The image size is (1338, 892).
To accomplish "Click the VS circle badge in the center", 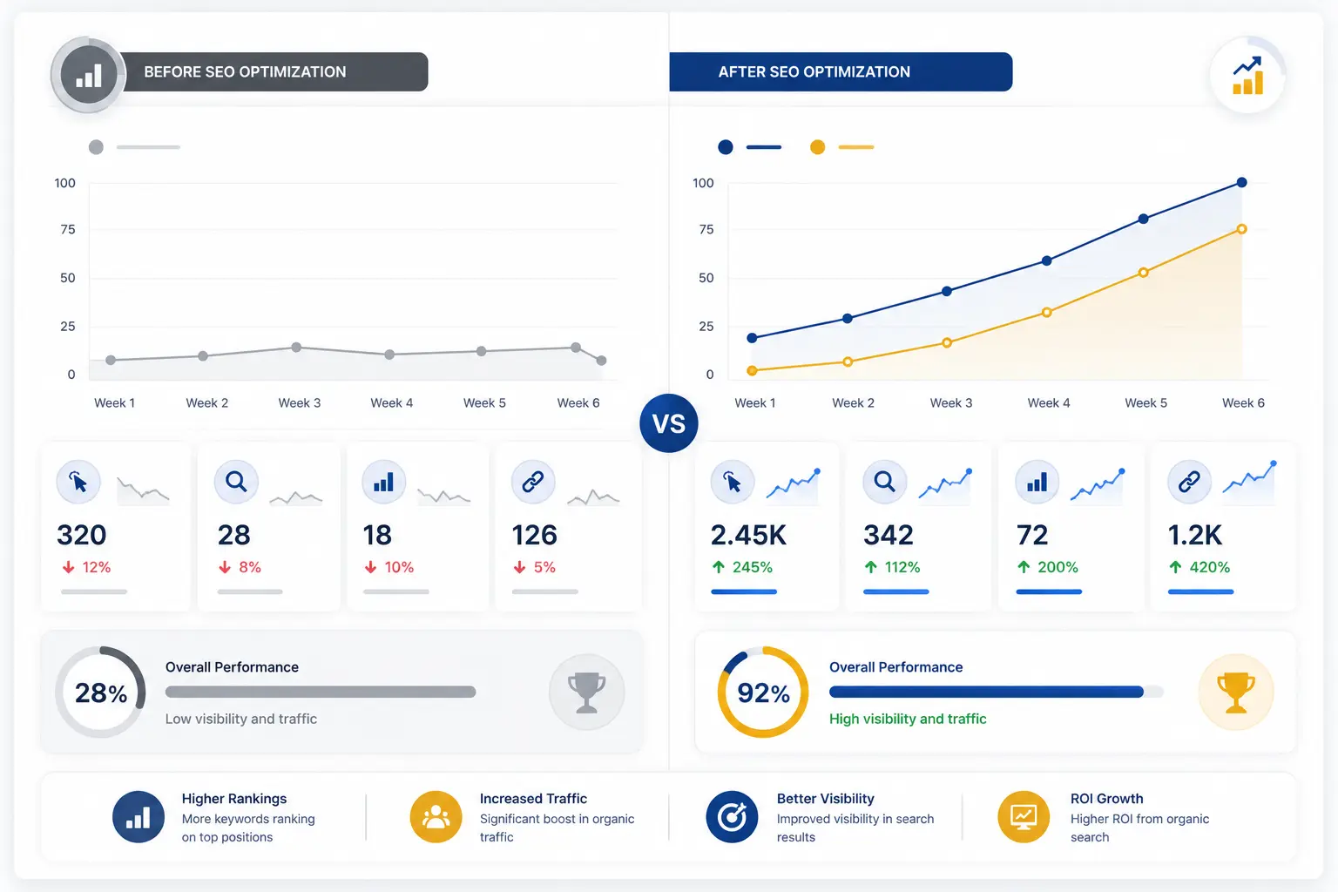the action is pyautogui.click(x=668, y=423).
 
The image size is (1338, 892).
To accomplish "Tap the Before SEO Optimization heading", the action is pyautogui.click(x=245, y=71).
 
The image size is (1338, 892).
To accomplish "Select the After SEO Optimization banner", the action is pyautogui.click(x=841, y=71).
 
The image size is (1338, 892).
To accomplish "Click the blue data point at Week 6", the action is pyautogui.click(x=1241, y=182).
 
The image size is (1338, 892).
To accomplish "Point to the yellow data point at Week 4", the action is pyautogui.click(x=1046, y=312).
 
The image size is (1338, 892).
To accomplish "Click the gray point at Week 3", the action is pyautogui.click(x=296, y=347).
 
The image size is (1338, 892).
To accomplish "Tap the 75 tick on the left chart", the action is pyautogui.click(x=67, y=229).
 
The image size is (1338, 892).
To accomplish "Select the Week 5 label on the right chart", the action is pyautogui.click(x=1145, y=402).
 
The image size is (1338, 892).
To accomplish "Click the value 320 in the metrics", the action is pyautogui.click(x=81, y=535).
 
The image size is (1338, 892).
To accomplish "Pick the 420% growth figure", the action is pyautogui.click(x=1199, y=567).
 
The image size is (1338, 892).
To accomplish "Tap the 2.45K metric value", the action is pyautogui.click(x=748, y=535).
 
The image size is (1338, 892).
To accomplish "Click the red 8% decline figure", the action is pyautogui.click(x=240, y=567).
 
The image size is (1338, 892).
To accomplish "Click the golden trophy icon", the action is pyautogui.click(x=1236, y=692).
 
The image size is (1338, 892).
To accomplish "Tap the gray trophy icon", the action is pyautogui.click(x=586, y=692).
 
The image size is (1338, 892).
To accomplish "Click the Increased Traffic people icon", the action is pyautogui.click(x=436, y=817).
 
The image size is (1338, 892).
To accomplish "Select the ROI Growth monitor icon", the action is pyautogui.click(x=1024, y=817).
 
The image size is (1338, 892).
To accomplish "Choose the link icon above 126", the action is pyautogui.click(x=533, y=482).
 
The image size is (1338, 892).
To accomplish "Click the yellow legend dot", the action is pyautogui.click(x=817, y=147).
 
